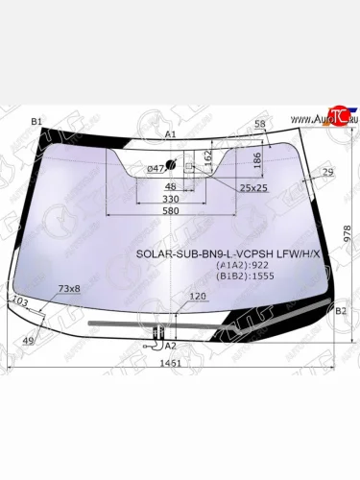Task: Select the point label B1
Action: pyautogui.click(x=36, y=122)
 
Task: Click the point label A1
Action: pyautogui.click(x=170, y=135)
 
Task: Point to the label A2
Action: pyautogui.click(x=170, y=345)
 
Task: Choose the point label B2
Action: pyautogui.click(x=340, y=311)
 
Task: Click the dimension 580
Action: pyautogui.click(x=169, y=210)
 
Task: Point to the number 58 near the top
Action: pyautogui.click(x=259, y=125)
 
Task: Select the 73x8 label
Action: pyautogui.click(x=69, y=288)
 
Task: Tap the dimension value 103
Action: pyautogui.click(x=18, y=300)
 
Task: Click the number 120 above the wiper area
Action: pyautogui.click(x=198, y=297)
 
